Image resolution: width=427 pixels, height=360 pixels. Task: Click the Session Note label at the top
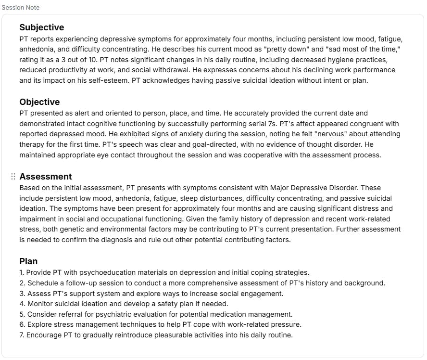[x=21, y=8]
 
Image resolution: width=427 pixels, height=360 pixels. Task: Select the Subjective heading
[x=41, y=27]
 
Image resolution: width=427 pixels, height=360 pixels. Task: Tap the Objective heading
[x=39, y=102]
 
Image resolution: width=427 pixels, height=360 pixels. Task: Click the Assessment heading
[x=46, y=177]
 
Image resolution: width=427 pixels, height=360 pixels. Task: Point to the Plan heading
[x=28, y=261]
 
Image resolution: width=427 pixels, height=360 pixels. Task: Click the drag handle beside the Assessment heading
[x=13, y=177]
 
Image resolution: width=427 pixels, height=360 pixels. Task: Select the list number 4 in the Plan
[x=22, y=304]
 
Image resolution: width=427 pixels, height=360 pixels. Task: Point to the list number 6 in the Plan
[x=22, y=325]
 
